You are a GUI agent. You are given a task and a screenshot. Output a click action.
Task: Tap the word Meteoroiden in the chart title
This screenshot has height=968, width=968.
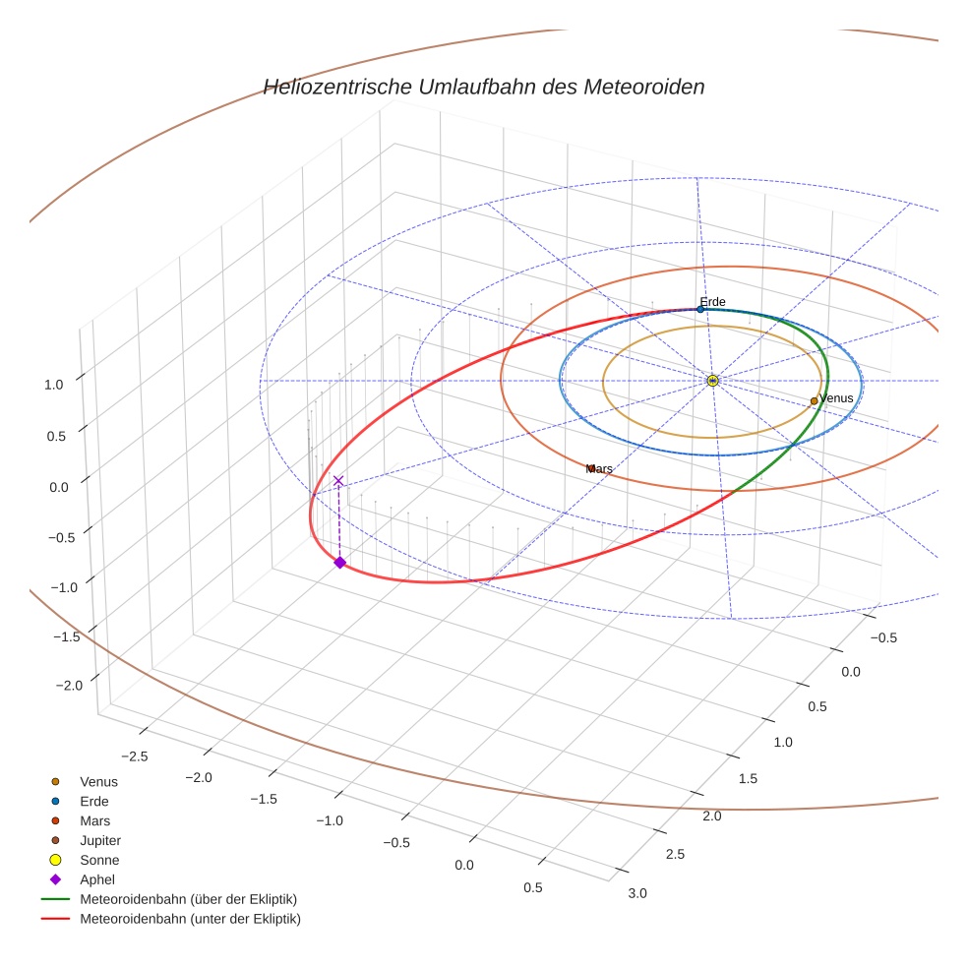(x=644, y=88)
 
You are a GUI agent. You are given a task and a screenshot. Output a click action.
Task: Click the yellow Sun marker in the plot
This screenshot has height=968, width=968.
(x=712, y=380)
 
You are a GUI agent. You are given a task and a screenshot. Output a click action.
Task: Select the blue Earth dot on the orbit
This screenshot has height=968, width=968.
(x=700, y=309)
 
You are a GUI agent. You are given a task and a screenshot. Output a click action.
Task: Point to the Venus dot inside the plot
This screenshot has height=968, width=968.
(x=814, y=400)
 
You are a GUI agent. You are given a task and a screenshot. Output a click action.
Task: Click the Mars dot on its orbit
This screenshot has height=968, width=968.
(x=590, y=468)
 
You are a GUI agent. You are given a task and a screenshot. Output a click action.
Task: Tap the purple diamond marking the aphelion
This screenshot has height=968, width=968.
(x=339, y=563)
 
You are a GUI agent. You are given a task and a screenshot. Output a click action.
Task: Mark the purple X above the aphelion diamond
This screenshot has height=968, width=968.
(x=338, y=480)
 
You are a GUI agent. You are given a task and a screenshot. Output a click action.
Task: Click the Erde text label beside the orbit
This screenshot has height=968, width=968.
(x=712, y=302)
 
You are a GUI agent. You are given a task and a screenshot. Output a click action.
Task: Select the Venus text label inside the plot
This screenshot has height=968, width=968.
(x=836, y=398)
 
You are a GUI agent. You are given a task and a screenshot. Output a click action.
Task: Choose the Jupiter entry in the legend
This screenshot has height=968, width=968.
(x=100, y=840)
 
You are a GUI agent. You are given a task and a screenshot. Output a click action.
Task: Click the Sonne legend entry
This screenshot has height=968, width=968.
(x=99, y=860)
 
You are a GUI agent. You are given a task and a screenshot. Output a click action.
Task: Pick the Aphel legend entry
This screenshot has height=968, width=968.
(x=97, y=879)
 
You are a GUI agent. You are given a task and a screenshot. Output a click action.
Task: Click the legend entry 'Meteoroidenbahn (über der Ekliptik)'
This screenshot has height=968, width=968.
(x=188, y=899)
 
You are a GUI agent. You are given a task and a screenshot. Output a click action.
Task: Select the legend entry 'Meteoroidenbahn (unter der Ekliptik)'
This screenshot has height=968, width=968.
(x=190, y=919)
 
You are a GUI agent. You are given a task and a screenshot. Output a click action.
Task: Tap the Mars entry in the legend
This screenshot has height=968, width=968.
(x=94, y=820)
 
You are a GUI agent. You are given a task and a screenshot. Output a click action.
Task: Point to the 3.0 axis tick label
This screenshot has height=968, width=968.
(x=637, y=893)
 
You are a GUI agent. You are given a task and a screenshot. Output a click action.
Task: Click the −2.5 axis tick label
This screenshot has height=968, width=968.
(x=134, y=756)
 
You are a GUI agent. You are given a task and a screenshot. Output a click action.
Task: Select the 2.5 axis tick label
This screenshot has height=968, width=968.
(x=675, y=854)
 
